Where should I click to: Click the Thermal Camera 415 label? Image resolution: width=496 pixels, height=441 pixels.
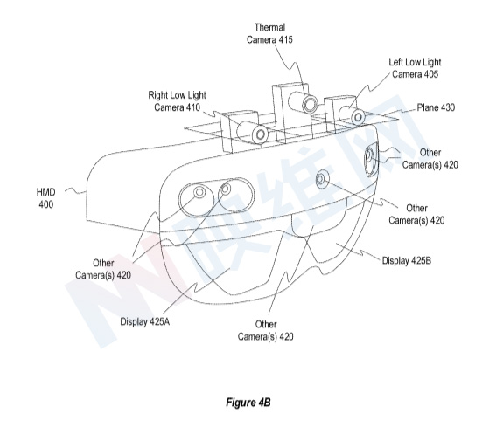(x=269, y=33)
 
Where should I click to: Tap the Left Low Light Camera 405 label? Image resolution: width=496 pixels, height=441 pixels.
(x=415, y=68)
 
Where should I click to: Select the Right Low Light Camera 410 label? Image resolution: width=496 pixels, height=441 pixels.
(x=177, y=101)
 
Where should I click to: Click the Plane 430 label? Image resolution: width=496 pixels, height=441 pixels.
(x=436, y=107)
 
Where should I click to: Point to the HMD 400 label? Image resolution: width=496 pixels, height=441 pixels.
(x=46, y=198)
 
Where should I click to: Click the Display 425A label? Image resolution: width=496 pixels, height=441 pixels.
(x=145, y=321)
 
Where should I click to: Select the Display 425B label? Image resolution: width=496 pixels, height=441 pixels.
(x=407, y=261)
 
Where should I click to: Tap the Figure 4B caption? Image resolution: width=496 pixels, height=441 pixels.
(x=248, y=403)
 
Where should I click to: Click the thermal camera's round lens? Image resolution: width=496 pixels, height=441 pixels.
(x=310, y=104)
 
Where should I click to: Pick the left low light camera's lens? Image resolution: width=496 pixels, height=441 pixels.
(x=358, y=117)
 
